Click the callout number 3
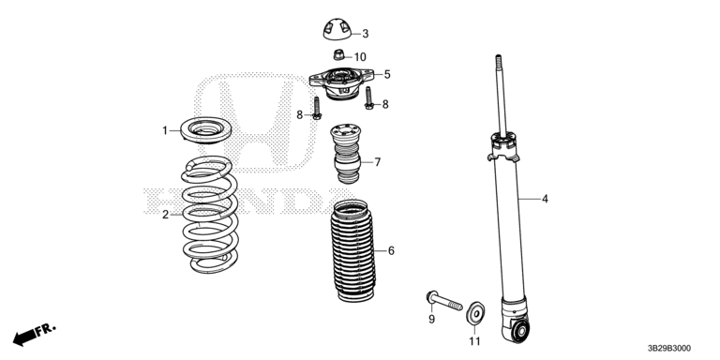point(365,34)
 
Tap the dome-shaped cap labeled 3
point(337,29)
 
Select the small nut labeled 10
point(338,55)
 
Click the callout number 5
point(387,74)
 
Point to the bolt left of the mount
point(316,109)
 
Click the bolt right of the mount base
point(368,98)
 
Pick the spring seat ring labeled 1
point(205,130)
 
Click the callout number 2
point(165,215)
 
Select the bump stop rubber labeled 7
point(346,153)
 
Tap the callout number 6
point(391,250)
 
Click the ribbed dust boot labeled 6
point(353,250)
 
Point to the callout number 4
point(545,199)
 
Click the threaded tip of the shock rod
point(498,60)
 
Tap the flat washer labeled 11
point(475,313)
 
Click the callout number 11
point(474,341)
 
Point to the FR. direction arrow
point(34,335)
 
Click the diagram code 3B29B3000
point(669,349)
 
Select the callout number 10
point(360,57)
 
